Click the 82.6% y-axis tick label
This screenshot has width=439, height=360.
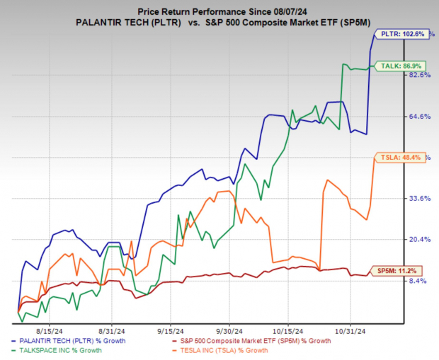420,75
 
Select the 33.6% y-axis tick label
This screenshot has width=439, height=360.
420,199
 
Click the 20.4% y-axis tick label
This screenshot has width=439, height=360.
420,240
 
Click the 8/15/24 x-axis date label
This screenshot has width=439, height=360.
55,330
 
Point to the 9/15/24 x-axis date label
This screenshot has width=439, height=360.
170,330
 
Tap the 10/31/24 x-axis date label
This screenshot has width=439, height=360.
350,330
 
